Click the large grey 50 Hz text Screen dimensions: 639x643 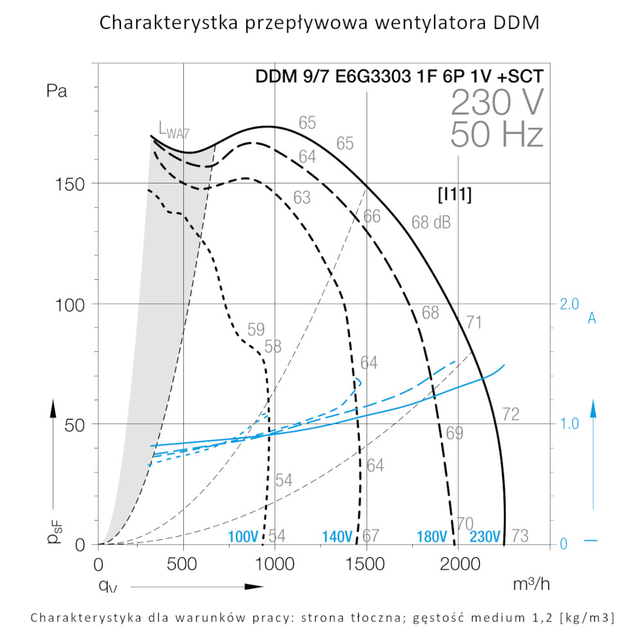point(497,135)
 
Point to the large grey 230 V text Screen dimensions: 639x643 point(497,102)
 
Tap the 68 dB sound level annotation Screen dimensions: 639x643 point(431,223)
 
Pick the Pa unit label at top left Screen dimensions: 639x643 point(57,91)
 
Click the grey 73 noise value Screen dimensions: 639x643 point(520,535)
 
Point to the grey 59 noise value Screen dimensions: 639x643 point(256,330)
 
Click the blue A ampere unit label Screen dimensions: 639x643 point(592,317)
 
